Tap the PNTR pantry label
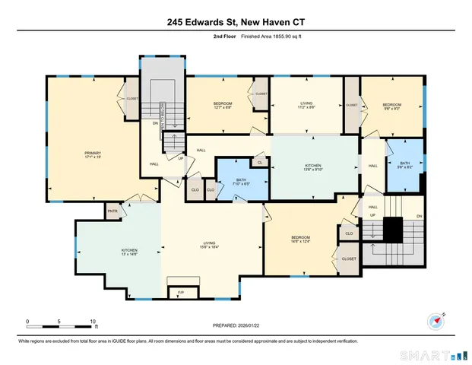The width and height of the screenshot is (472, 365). (x=112, y=211)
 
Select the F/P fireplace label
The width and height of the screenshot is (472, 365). (x=181, y=292)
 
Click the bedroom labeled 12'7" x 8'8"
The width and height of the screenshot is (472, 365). (x=222, y=106)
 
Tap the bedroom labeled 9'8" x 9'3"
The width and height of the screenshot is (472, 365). (x=391, y=106)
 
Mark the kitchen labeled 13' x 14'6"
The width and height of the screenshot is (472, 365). (x=129, y=252)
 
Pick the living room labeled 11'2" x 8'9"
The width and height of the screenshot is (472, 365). (x=306, y=106)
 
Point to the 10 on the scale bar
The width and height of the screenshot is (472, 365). (x=93, y=321)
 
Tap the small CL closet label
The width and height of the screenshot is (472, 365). (x=260, y=163)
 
